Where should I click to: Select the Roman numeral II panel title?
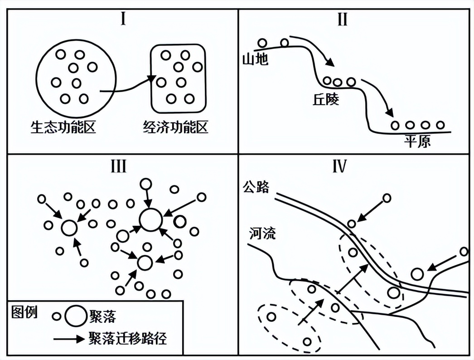pyautogui.click(x=342, y=20)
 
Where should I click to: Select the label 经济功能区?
pyautogui.click(x=175, y=127)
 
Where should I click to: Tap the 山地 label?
pyautogui.click(x=255, y=59)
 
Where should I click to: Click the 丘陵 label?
pyautogui.click(x=325, y=100)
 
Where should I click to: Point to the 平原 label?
pyautogui.click(x=417, y=141)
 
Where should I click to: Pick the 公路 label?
pyautogui.click(x=256, y=186)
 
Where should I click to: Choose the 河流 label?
pyautogui.click(x=262, y=234)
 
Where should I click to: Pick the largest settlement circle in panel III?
pyautogui.click(x=150, y=220)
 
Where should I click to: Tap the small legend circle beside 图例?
pyautogui.click(x=56, y=316)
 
